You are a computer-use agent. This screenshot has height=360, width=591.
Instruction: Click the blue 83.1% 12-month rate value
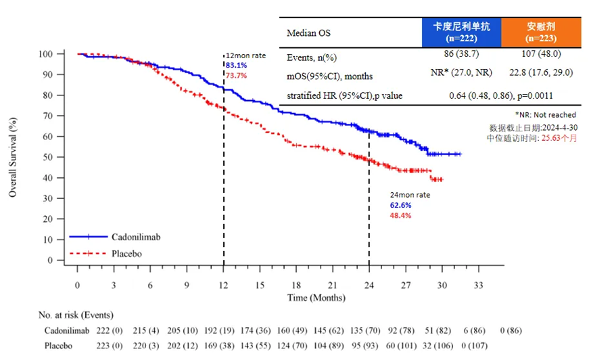click(x=236, y=65)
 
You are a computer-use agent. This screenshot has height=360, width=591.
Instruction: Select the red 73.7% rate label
click(x=236, y=76)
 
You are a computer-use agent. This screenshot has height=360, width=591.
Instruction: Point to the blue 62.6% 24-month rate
click(x=400, y=205)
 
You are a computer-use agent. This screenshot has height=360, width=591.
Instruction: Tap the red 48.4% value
click(x=400, y=215)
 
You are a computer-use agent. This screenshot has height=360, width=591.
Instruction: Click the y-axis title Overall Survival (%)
click(x=12, y=156)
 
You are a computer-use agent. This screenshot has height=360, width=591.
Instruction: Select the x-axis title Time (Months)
click(x=317, y=297)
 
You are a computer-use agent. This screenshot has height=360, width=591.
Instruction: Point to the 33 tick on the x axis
click(x=478, y=285)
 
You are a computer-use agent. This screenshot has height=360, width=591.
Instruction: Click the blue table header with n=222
click(x=461, y=32)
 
